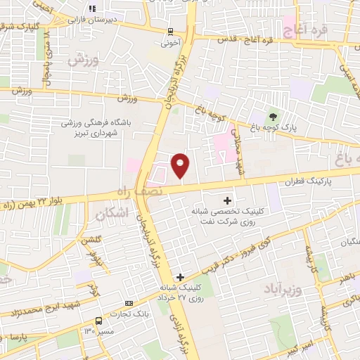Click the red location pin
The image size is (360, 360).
[181, 165]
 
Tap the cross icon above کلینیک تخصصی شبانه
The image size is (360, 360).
[226, 200]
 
